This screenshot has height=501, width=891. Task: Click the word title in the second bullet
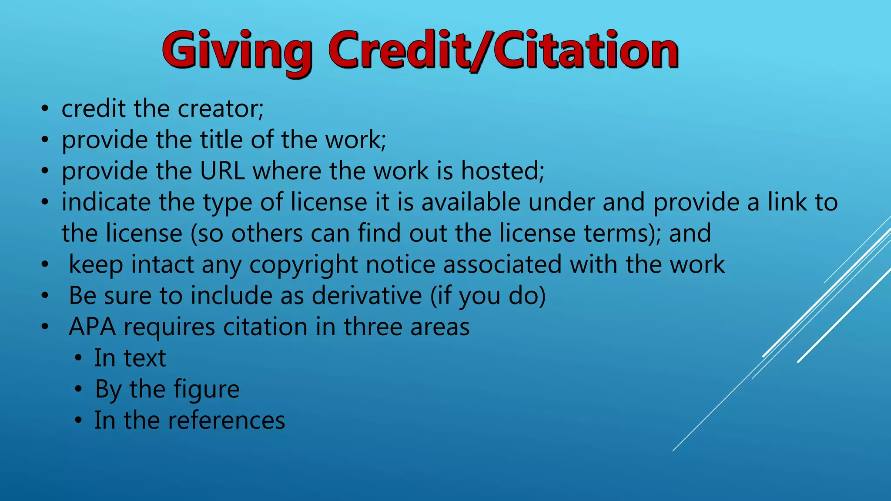click(x=221, y=140)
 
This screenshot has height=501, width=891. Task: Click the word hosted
click(x=502, y=171)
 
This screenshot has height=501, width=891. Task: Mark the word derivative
click(x=367, y=296)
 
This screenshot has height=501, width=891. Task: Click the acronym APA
click(x=92, y=327)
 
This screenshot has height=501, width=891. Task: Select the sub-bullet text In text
click(x=130, y=358)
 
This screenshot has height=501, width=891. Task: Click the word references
click(x=226, y=421)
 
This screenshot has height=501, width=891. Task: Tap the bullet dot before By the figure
click(x=78, y=389)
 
